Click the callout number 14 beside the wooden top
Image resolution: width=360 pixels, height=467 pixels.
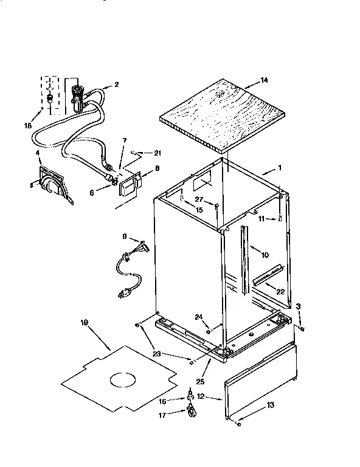click(263, 79)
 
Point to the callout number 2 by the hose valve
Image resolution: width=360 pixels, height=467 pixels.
click(117, 85)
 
